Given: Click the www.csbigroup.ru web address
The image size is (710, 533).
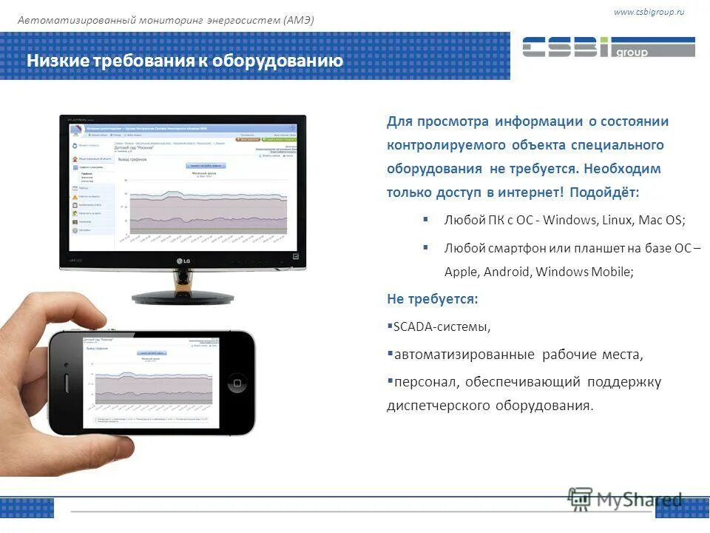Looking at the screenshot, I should coord(648,12).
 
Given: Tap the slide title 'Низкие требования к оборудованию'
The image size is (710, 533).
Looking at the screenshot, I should coord(185,61).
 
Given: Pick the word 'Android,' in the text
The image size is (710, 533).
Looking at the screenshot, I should coord(507,272).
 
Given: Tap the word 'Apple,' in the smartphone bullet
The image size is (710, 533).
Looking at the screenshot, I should coord(461,272).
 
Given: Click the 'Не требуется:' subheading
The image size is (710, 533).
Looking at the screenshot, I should coord(432,298).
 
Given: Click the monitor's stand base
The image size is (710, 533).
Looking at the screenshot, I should coord(182,295).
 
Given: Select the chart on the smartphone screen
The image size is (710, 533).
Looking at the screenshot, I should coord(152,384).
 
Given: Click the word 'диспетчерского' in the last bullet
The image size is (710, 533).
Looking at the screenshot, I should coord(436,406).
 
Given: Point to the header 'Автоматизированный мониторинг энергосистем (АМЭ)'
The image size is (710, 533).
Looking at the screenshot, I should coord(166,20).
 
